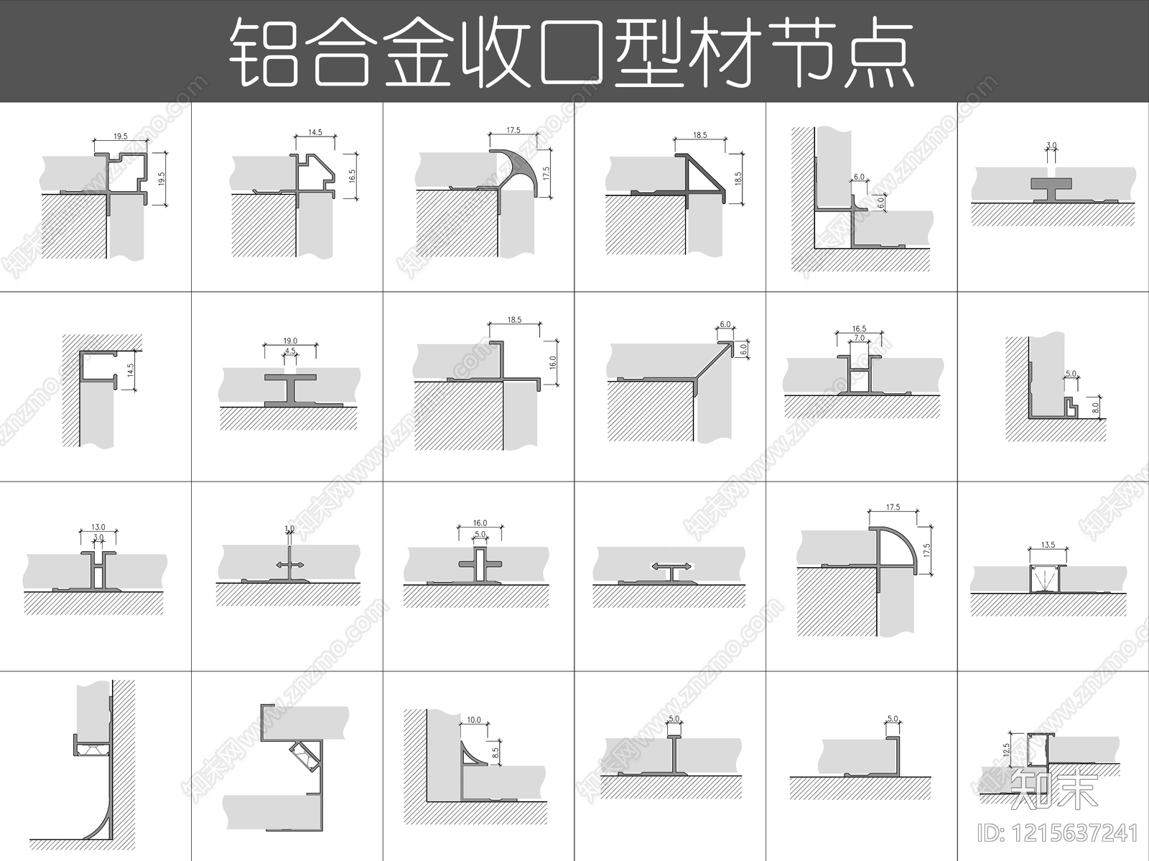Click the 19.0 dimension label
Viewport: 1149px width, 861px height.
289,341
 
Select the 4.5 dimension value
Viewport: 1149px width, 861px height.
289,351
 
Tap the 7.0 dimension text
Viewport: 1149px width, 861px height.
858,338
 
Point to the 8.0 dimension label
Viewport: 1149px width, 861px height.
1095,408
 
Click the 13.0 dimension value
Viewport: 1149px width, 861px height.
98,528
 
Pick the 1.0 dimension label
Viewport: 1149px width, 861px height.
289,529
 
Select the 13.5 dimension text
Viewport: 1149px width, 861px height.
1048,545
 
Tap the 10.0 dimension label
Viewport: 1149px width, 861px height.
474,719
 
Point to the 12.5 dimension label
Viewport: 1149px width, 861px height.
1007,750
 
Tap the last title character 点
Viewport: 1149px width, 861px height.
878,52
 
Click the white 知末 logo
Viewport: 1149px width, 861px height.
1053,789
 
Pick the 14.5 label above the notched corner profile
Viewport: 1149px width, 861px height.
315,132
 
